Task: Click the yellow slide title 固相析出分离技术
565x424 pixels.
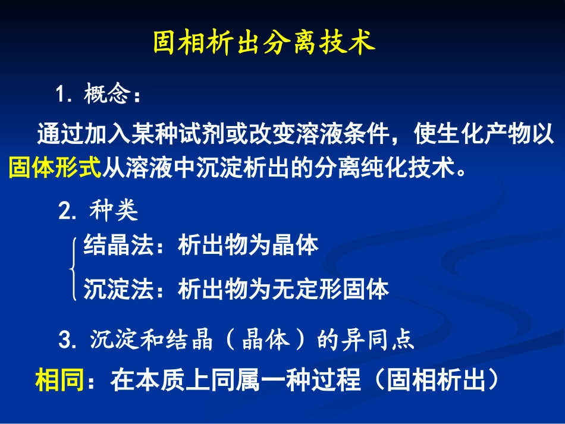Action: click(x=264, y=43)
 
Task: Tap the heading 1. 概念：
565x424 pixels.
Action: click(x=99, y=95)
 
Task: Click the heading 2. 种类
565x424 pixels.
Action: click(x=98, y=211)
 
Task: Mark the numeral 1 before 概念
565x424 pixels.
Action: click(x=59, y=95)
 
